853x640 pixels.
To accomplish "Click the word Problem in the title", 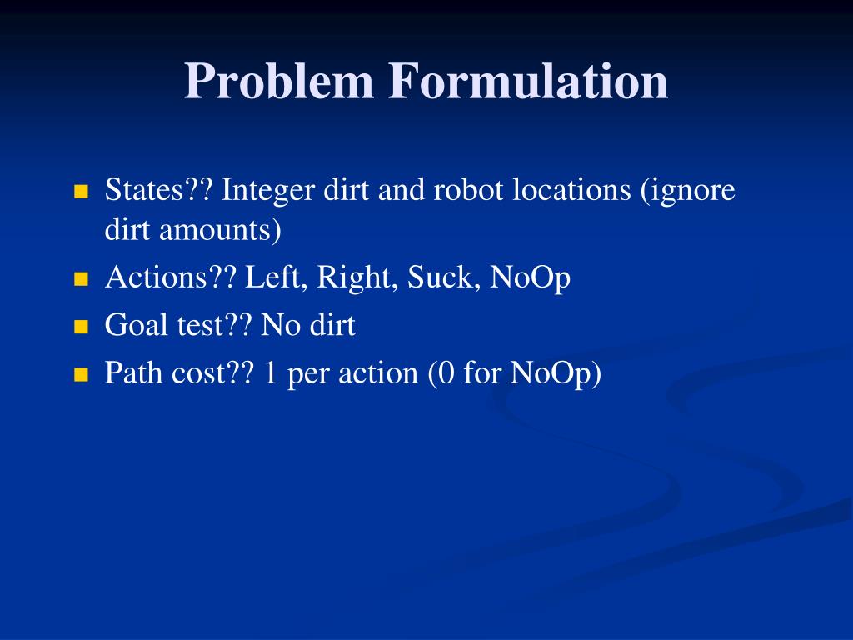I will coord(278,83).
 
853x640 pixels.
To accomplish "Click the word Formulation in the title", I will coord(527,83).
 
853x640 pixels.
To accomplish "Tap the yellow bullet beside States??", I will coord(81,192).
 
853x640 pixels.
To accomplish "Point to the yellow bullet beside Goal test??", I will coord(81,327).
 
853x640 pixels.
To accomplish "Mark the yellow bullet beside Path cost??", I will coord(81,375).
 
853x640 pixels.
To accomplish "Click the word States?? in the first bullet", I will coord(158,191).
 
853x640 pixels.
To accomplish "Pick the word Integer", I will coord(266,191).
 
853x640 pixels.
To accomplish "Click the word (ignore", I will coord(687,191).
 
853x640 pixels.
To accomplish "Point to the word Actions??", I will coord(171,278).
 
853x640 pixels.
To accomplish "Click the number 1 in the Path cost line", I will coord(270,373).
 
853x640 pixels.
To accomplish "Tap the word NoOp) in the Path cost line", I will coord(556,373).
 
